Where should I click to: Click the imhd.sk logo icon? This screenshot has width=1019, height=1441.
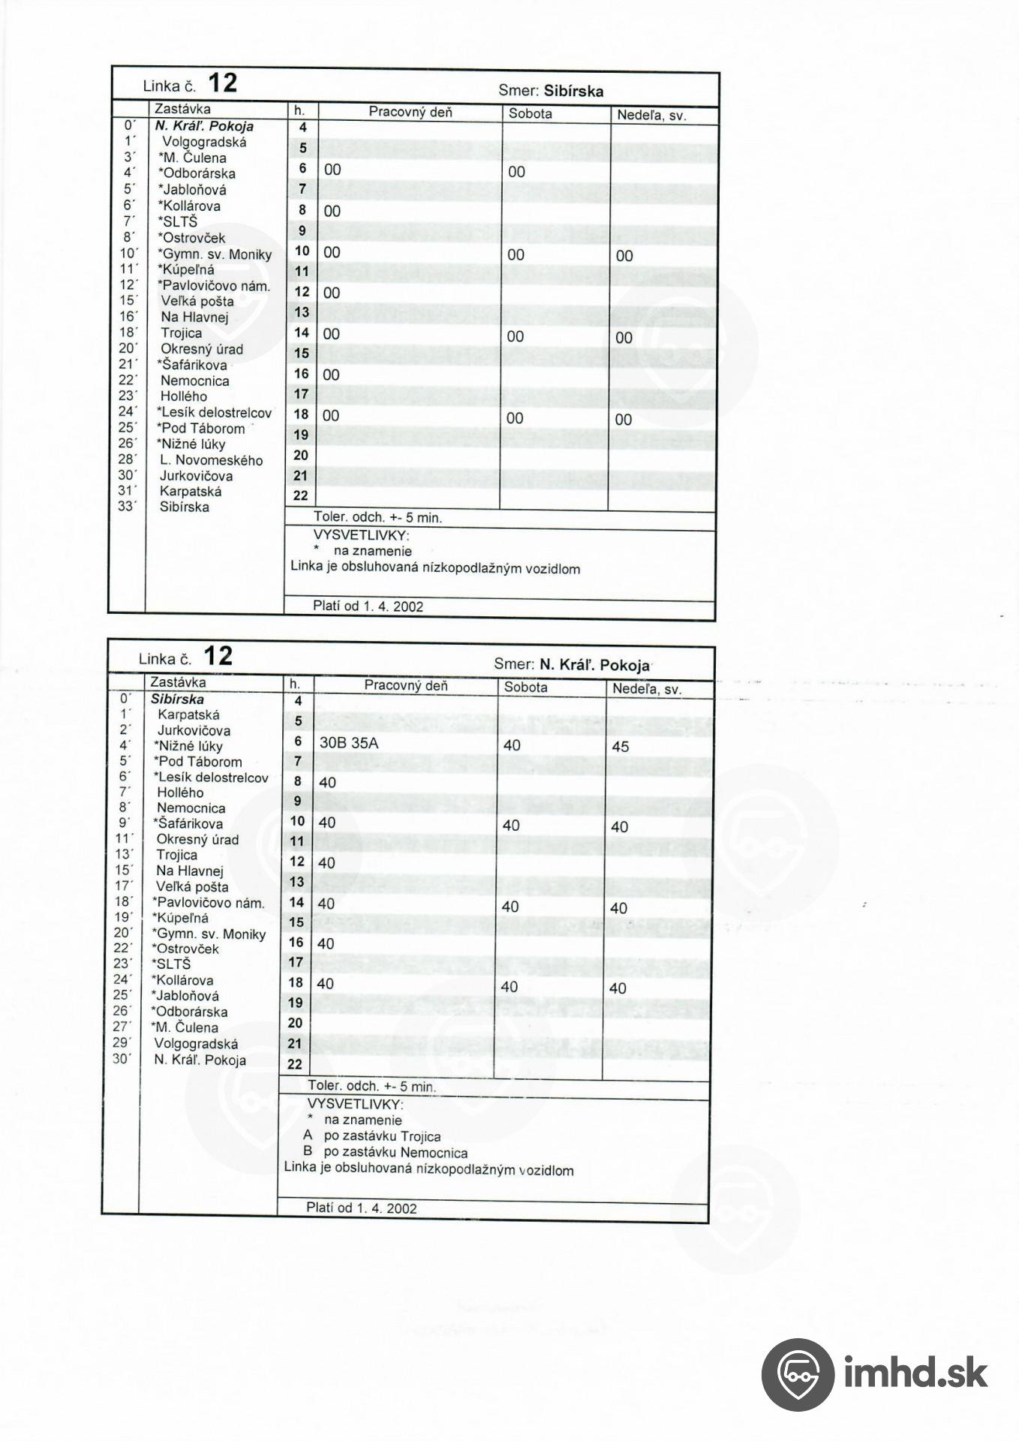coord(797,1374)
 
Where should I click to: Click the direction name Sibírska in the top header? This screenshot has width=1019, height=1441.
coord(573,92)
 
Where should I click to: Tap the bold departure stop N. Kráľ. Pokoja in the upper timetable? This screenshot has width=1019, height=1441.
coord(203,126)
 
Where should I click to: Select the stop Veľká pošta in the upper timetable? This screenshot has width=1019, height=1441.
coord(197,301)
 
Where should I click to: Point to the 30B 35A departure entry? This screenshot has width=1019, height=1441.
coord(349,742)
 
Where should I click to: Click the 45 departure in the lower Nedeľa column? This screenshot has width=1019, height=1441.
coord(621,747)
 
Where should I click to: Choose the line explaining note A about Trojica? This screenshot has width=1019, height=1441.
coord(372,1136)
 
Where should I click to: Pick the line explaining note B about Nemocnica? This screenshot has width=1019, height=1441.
coord(385,1152)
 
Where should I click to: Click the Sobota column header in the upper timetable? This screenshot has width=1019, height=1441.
coord(530,114)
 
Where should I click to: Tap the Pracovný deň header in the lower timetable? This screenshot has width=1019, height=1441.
coord(406,685)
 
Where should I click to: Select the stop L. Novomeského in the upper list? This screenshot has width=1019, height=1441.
coord(211,460)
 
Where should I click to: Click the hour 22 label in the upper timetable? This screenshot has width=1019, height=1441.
coord(300,495)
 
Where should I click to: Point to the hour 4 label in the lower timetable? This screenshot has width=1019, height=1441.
coord(297,701)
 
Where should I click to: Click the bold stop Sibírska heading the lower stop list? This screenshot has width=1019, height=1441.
coord(177,699)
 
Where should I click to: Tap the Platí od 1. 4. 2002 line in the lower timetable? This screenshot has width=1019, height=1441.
coord(362,1208)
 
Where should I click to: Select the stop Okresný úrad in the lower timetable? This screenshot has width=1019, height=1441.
coord(197,840)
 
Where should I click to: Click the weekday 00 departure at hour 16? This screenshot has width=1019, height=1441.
coord(331,375)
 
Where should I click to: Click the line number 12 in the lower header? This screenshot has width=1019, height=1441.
coord(218,657)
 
